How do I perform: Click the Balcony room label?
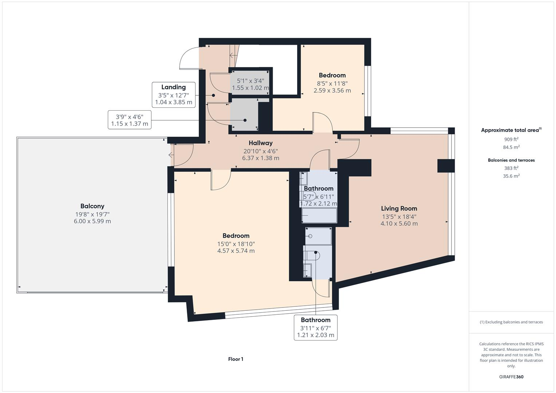pos(92,206)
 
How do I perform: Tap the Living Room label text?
pos(399,209)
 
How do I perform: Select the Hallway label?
pos(260,143)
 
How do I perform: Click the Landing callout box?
pos(173,95)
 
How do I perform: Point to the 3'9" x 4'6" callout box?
pos(130,120)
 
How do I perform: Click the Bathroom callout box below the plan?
pos(315,327)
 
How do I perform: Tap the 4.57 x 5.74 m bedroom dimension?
pos(236,251)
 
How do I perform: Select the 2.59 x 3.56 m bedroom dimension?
pos(332,91)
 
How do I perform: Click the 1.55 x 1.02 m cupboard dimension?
pos(250,88)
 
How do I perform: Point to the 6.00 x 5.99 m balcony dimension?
pos(92,221)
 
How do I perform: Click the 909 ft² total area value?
pos(511,139)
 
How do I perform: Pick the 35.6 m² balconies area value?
pos(511,176)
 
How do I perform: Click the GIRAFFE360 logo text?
pos(511,377)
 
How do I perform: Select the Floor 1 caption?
pos(236,359)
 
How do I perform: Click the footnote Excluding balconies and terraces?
pos(511,322)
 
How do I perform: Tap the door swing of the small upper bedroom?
pos(323,122)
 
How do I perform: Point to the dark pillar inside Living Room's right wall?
pos(446,166)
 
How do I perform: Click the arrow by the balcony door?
pos(171,155)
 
